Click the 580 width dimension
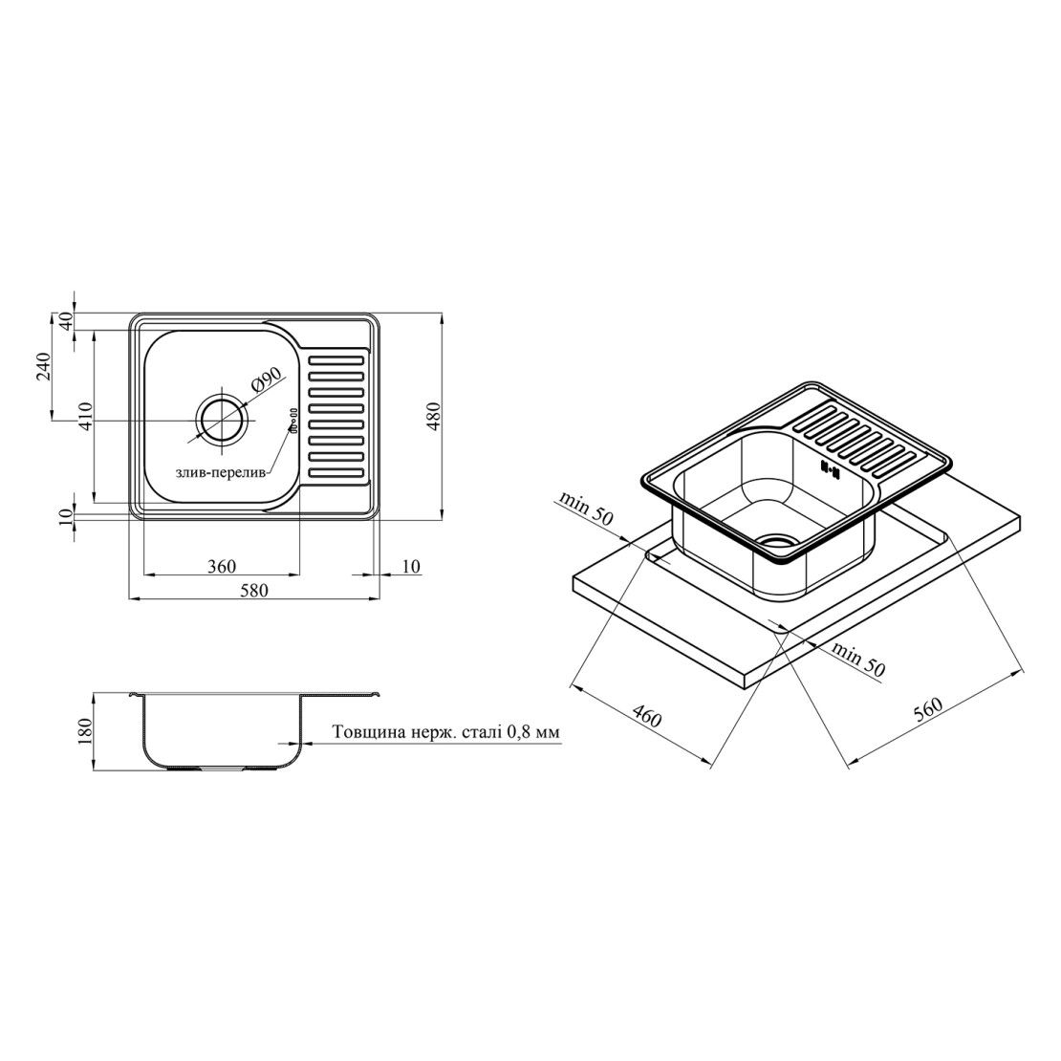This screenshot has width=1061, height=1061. click(253, 590)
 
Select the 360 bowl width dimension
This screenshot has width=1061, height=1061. click(222, 565)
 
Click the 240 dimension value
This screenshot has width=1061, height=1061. click(44, 366)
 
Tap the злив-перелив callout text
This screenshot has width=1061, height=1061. click(221, 474)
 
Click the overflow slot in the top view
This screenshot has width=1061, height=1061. click(293, 420)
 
